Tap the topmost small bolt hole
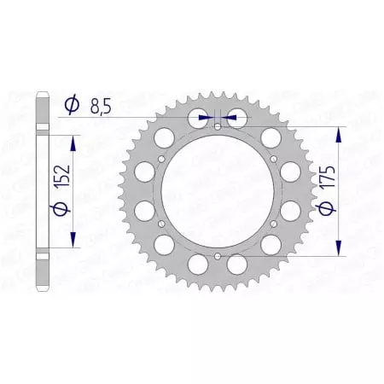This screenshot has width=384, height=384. point(218,127)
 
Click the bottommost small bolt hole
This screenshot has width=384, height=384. point(218,255)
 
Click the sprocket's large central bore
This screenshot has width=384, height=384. point(218,191)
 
